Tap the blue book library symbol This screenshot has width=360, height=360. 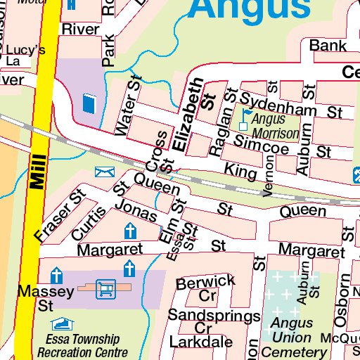88,103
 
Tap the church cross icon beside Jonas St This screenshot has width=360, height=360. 130,231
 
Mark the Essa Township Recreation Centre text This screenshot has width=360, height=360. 82,346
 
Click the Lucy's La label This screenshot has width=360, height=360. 22,55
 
